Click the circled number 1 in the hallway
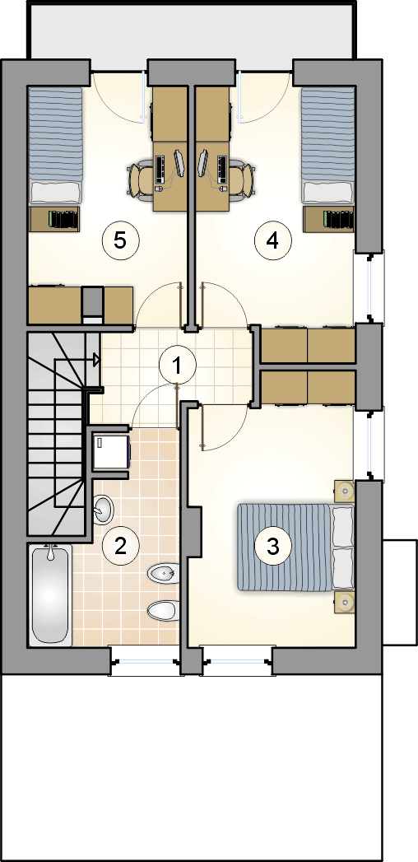pyautogui.click(x=176, y=365)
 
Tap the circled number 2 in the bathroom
pyautogui.click(x=120, y=545)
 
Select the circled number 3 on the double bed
pyautogui.click(x=272, y=546)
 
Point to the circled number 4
pyautogui.click(x=272, y=240)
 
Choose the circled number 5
pyautogui.click(x=120, y=240)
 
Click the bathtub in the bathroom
pyautogui.click(x=49, y=594)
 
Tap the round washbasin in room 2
pyautogui.click(x=103, y=509)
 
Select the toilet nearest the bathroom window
pyautogui.click(x=164, y=610)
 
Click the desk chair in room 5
pyautogui.click(x=142, y=177)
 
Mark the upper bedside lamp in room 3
pyautogui.click(x=345, y=492)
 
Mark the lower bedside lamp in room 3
pyautogui.click(x=345, y=602)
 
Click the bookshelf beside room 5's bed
pyautogui.click(x=55, y=219)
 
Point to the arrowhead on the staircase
pyautogui.click(x=96, y=360)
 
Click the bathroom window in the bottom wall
pyautogui.click(x=145, y=660)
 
